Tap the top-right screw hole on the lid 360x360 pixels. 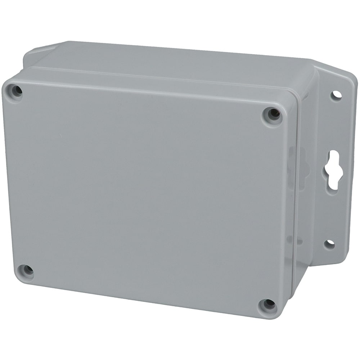[273, 114]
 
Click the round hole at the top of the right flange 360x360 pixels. [336, 95]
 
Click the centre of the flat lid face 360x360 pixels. [144, 194]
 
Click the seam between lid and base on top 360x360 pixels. [162, 72]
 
